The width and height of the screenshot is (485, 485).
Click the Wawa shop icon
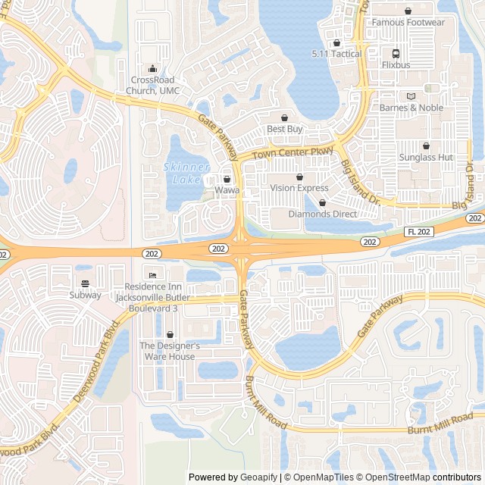click(227, 179)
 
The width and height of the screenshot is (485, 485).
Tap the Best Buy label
click(284, 129)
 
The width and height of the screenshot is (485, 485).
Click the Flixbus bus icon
click(396, 54)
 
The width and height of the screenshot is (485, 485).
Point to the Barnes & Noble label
click(411, 108)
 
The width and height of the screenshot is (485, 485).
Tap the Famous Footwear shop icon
click(408, 11)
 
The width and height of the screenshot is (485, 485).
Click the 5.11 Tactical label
click(336, 54)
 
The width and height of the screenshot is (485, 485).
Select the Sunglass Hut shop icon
click(426, 145)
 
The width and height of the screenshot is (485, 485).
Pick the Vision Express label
click(299, 188)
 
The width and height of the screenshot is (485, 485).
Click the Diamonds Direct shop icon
click(323, 203)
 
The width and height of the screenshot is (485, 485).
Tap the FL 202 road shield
click(419, 231)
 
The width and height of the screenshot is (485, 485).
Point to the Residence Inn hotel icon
click(152, 275)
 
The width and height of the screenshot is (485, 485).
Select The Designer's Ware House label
click(170, 351)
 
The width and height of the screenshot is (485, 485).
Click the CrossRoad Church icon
click(152, 68)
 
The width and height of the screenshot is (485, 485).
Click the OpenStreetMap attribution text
click(393, 477)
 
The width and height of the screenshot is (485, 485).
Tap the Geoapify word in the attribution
click(259, 477)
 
